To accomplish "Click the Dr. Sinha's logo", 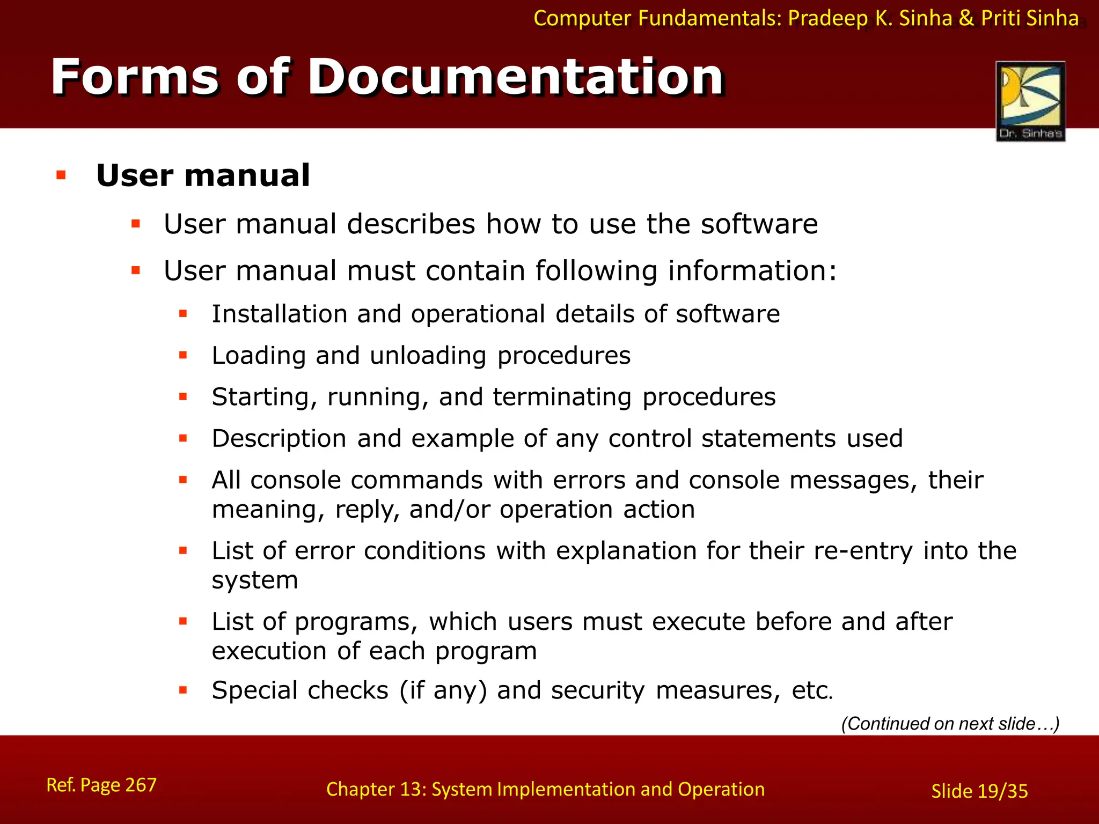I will tap(1030, 101).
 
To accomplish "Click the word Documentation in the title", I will tap(516, 77).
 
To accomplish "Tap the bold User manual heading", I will tap(203, 175).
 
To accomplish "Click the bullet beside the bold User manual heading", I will tap(61, 175).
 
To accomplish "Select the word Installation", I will tap(280, 314).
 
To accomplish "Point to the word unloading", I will tap(428, 356).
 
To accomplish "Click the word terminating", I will tap(562, 398).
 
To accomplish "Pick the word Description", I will tap(279, 439).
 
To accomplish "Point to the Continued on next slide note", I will tap(950, 724).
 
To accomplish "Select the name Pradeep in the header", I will tap(827, 19).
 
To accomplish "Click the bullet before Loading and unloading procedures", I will tap(184, 355).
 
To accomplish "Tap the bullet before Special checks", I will tap(184, 690).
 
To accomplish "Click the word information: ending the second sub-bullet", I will tap(752, 270).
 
